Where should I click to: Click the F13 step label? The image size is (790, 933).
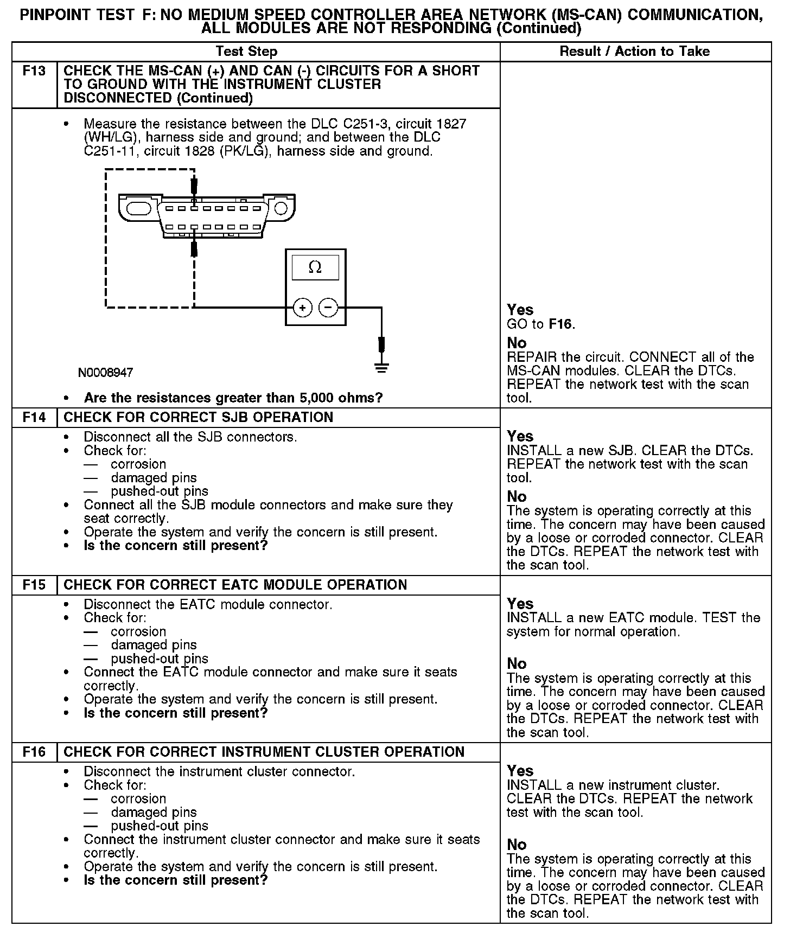(34, 71)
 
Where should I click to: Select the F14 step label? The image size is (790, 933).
(34, 418)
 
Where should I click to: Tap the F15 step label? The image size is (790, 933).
(34, 585)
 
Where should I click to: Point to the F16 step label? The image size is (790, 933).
(34, 752)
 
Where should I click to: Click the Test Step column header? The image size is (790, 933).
(246, 52)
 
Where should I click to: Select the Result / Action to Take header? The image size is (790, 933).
(634, 52)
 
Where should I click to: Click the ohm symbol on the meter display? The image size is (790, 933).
(315, 267)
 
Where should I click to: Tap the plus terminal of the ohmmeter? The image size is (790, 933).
(302, 308)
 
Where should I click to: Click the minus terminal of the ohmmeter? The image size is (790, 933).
(328, 308)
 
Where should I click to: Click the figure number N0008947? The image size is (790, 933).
(106, 373)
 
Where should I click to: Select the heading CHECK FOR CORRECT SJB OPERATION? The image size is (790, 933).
(198, 418)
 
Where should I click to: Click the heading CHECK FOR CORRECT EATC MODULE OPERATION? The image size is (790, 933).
(235, 585)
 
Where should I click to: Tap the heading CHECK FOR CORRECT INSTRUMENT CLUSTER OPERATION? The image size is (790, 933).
(264, 752)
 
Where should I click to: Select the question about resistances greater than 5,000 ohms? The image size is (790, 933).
(233, 398)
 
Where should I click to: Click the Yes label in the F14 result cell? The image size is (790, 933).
(520, 436)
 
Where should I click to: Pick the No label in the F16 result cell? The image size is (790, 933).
(517, 845)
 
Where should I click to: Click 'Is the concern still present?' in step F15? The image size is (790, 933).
(176, 713)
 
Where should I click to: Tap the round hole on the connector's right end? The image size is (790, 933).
(281, 208)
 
